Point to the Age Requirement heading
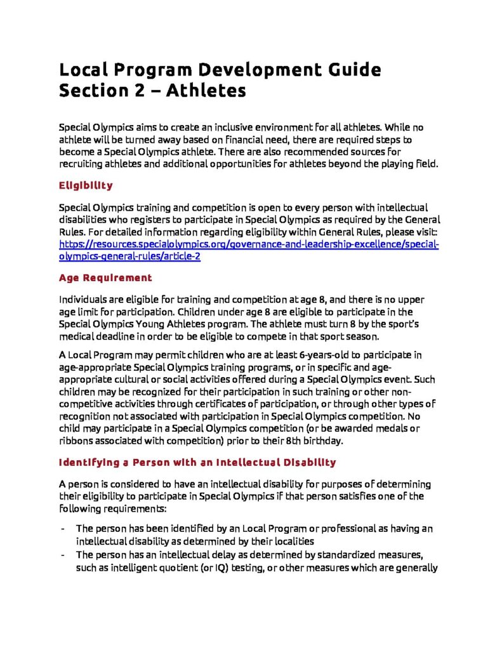click(x=105, y=277)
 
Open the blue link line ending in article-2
click(x=130, y=256)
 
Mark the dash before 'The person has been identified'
click(x=62, y=528)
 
